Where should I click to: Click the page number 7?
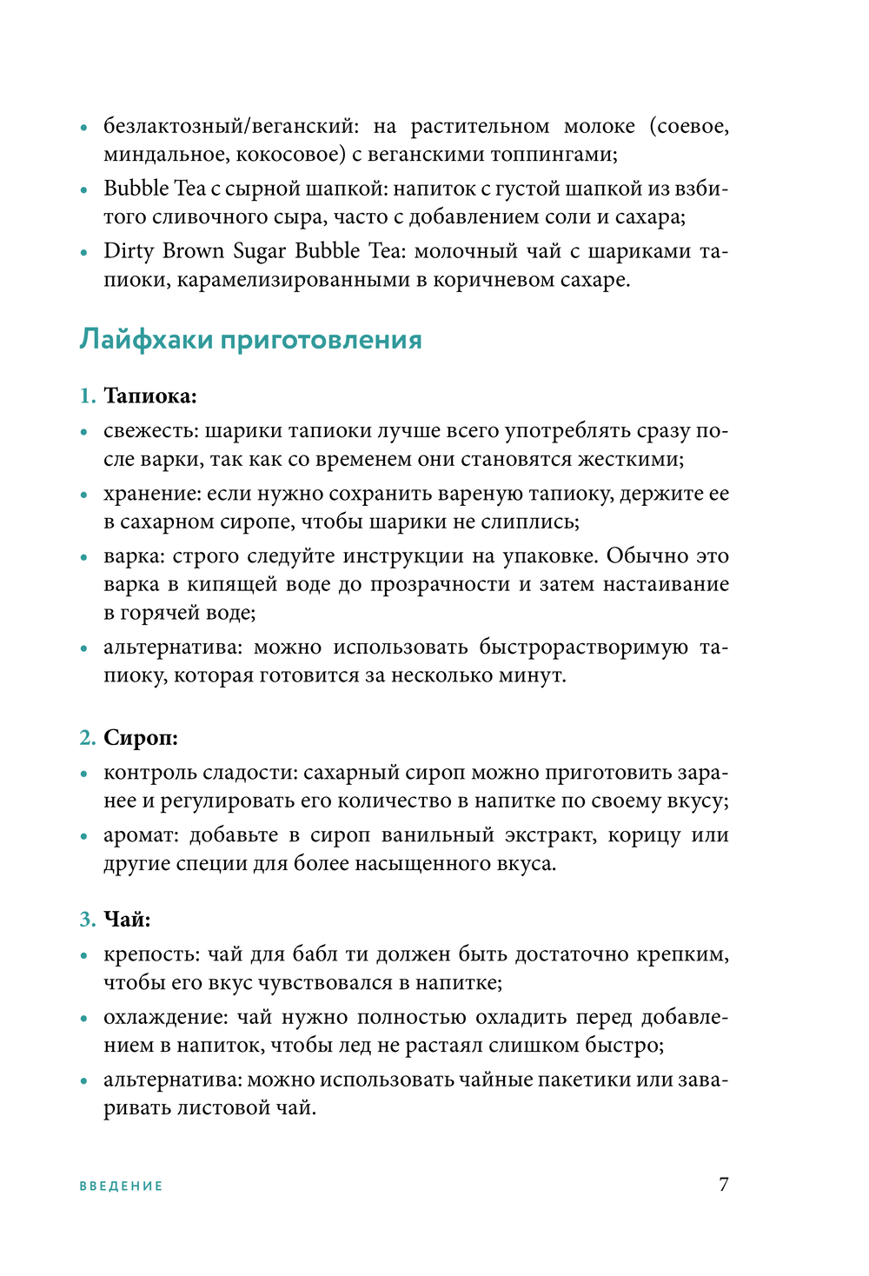[x=724, y=1184]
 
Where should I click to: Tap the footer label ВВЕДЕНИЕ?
[x=121, y=1186]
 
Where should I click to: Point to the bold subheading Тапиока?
[x=150, y=396]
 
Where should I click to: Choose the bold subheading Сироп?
[x=141, y=738]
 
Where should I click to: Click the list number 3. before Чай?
[x=87, y=920]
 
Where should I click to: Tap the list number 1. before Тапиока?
[x=87, y=396]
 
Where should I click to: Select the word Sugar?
[x=259, y=252]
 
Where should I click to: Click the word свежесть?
[x=150, y=431]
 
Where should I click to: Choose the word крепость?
[x=151, y=954]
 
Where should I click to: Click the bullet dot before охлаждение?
[x=84, y=1018]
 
